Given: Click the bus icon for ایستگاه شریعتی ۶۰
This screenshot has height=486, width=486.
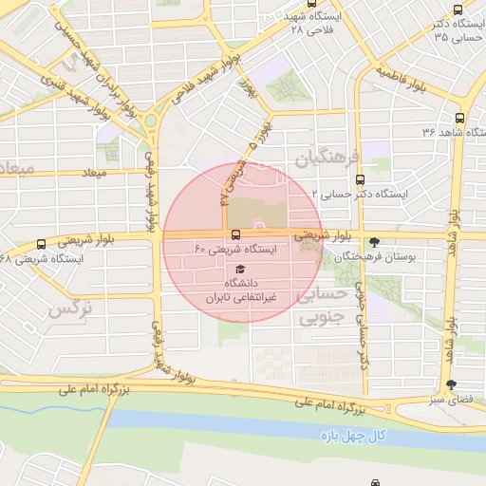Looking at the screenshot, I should pyautogui.click(x=235, y=234).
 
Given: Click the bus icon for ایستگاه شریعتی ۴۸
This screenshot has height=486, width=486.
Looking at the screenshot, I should pyautogui.click(x=40, y=244).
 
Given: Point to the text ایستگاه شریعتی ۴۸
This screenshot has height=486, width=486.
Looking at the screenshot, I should pyautogui.click(x=43, y=258).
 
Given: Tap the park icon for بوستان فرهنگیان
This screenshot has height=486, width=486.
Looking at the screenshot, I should pyautogui.click(x=374, y=241).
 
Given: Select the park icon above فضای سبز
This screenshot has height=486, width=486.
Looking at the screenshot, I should pyautogui.click(x=451, y=383).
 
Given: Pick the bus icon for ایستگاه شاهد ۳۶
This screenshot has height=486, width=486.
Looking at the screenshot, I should pyautogui.click(x=459, y=119).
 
